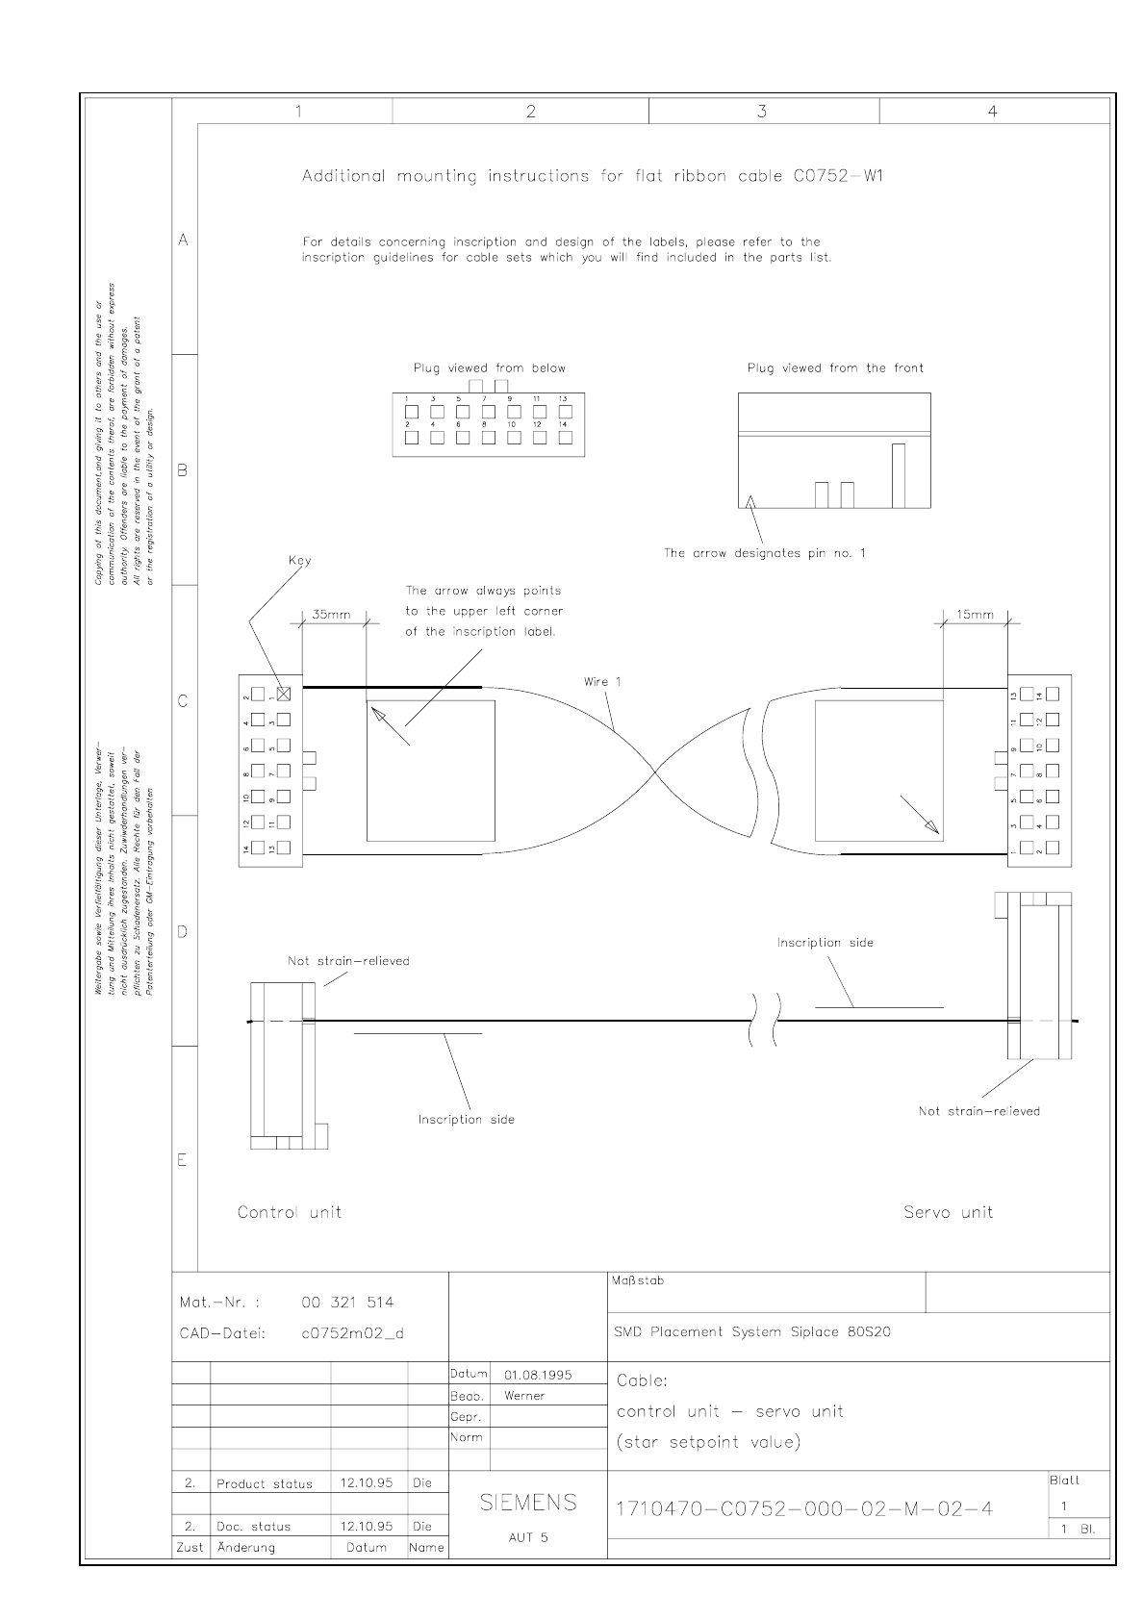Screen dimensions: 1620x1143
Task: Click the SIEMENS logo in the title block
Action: pyautogui.click(x=528, y=1503)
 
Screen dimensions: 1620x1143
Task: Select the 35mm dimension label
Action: pyautogui.click(x=332, y=615)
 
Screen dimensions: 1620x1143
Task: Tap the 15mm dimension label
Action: pyautogui.click(x=975, y=615)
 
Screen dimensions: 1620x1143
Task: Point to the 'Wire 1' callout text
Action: pyautogui.click(x=602, y=682)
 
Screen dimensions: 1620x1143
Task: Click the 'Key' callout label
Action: pyautogui.click(x=299, y=560)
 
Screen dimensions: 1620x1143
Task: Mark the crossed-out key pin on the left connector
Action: pyautogui.click(x=284, y=694)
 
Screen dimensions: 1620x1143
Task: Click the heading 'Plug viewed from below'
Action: pyautogui.click(x=490, y=367)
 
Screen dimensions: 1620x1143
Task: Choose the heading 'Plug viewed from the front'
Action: pyautogui.click(x=835, y=367)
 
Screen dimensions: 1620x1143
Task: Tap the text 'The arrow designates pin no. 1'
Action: pyautogui.click(x=765, y=553)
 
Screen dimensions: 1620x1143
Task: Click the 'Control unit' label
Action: pyautogui.click(x=290, y=1212)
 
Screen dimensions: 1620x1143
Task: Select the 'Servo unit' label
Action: pyautogui.click(x=948, y=1212)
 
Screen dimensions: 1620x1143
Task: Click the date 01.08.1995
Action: pyautogui.click(x=538, y=1375)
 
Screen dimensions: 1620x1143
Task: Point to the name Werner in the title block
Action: pyautogui.click(x=524, y=1396)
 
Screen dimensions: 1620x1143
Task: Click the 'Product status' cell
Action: pyautogui.click(x=265, y=1483)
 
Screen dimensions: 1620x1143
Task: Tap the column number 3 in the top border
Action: pyautogui.click(x=762, y=112)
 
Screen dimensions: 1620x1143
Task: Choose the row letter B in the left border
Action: pyautogui.click(x=183, y=470)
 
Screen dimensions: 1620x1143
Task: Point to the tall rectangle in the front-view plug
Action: pyautogui.click(x=899, y=475)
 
